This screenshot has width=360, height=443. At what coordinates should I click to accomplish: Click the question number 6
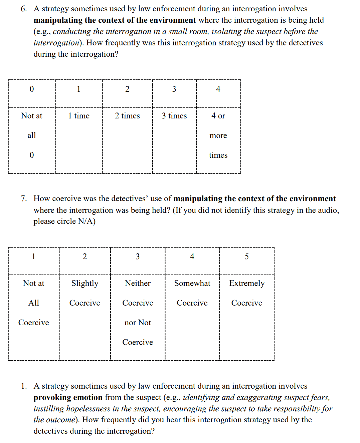point(23,9)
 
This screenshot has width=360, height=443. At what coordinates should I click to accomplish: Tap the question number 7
point(23,199)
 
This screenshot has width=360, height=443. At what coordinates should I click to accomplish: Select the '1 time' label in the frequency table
point(79,116)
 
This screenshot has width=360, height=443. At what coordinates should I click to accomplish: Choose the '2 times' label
point(127,116)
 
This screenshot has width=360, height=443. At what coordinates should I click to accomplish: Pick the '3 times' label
point(174,116)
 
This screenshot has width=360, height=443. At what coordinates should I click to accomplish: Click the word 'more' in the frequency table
point(218,136)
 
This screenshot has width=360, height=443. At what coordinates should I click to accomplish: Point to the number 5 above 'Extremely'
point(247,257)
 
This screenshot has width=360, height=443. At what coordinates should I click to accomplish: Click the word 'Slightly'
point(85,284)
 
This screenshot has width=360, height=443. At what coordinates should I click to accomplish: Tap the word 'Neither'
point(138,283)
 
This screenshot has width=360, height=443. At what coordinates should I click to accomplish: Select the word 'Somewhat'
point(192,283)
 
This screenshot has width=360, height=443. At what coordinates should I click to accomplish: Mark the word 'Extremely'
point(247,284)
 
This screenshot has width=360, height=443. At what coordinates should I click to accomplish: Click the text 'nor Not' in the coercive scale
point(138,323)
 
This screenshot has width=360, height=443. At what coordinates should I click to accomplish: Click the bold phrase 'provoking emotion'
point(68,397)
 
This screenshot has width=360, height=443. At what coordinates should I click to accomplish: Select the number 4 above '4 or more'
point(218,89)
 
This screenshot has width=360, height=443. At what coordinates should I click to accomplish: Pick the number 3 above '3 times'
point(174,89)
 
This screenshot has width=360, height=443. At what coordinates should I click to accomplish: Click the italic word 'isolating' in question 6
point(226,31)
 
